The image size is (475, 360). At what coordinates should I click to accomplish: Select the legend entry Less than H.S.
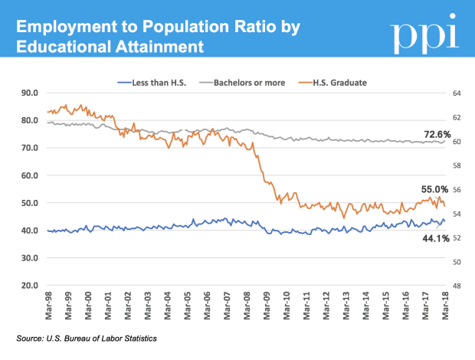coord(153,82)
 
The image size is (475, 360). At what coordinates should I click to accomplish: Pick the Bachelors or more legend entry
coord(238,82)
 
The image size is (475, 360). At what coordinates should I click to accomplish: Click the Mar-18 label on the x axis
coord(446,305)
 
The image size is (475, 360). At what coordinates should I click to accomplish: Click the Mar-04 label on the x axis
coord(168,305)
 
